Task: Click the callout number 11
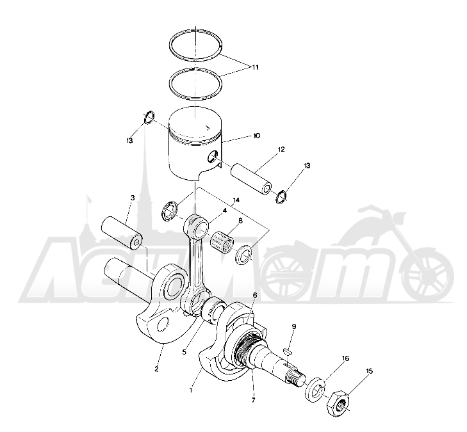[x=255, y=67]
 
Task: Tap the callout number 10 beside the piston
[x=256, y=136]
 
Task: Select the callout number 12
[x=281, y=149]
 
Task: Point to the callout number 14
[x=236, y=200]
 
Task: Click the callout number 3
[x=133, y=198]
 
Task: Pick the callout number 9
[x=294, y=326]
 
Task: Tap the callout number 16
[x=345, y=358]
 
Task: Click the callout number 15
[x=369, y=371]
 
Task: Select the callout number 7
[x=253, y=400]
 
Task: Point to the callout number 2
[x=156, y=369]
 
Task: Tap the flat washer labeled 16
[x=315, y=390]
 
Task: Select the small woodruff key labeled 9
[x=288, y=351]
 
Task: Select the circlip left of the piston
[x=149, y=117]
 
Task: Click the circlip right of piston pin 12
[x=281, y=197]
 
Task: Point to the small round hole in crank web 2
[x=163, y=324]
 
